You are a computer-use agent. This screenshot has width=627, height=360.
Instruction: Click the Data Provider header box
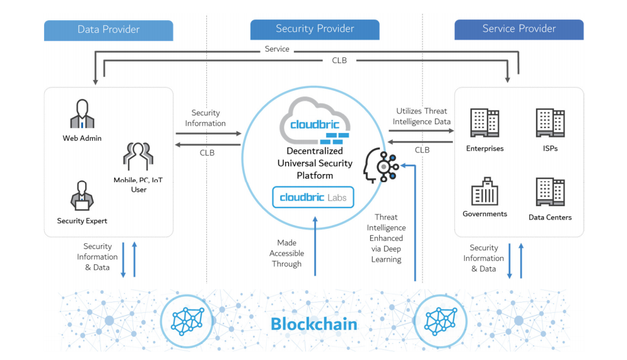(108, 30)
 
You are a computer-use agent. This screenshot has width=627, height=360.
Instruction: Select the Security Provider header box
(315, 29)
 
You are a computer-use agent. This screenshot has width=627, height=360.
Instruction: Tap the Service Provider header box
(519, 29)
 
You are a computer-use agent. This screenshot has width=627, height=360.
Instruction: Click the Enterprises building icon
(484, 124)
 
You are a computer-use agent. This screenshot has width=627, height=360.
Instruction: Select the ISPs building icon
(549, 124)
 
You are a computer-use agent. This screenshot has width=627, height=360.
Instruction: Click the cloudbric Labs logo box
(313, 197)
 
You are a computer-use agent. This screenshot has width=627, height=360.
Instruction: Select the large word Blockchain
(313, 325)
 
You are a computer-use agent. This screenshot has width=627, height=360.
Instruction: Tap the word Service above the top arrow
(277, 49)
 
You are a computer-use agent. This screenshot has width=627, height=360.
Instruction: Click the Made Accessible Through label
(286, 253)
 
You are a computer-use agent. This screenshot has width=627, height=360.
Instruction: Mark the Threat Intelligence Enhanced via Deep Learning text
(386, 238)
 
